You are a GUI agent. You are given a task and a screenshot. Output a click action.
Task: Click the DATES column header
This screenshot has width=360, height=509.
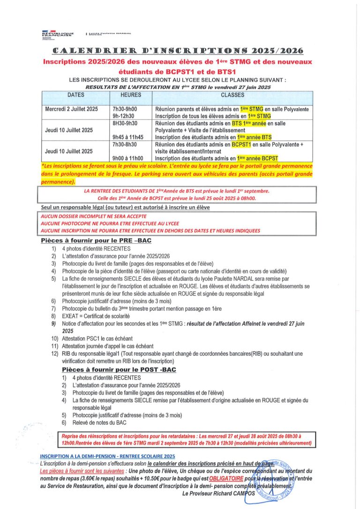click(75, 95)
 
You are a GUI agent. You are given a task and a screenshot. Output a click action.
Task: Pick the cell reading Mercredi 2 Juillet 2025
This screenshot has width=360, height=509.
click(72, 109)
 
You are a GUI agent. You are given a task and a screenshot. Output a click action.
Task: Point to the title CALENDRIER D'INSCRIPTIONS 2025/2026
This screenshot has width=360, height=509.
click(178, 51)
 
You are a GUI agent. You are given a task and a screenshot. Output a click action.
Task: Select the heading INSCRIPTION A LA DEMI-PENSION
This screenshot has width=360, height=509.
click(107, 456)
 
